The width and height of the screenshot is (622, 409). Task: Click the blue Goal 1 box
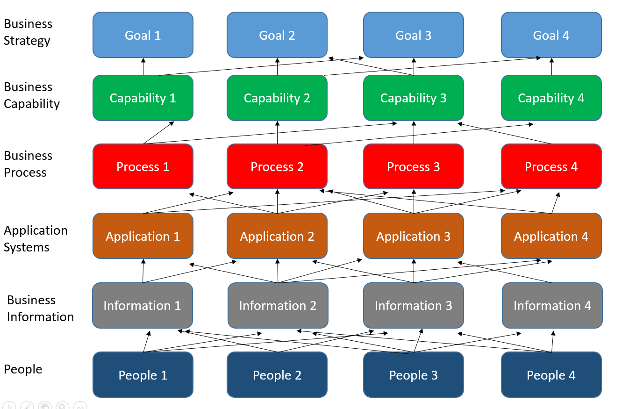pos(143,35)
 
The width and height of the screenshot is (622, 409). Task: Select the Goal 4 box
pos(551,35)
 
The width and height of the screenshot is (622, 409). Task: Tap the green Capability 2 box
pos(277,98)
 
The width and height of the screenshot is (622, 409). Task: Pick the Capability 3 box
pos(413,98)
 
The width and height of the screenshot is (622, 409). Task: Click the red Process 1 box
pos(143,167)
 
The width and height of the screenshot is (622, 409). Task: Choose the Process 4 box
pos(551,167)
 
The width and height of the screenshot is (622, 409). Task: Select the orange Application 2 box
pos(277,236)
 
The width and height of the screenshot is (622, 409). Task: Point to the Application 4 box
pos(551,236)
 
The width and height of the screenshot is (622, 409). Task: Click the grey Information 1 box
pos(142,305)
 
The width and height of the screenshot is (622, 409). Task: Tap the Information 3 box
pos(413,305)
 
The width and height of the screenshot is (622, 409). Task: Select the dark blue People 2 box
pos(277,375)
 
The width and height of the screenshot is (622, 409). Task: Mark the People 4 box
pos(551,375)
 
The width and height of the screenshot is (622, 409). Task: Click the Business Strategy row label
pos(28,32)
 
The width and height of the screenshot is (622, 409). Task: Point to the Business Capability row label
pos(32,95)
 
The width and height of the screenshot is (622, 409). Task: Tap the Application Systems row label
pos(36,239)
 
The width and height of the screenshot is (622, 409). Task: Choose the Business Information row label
pos(40,309)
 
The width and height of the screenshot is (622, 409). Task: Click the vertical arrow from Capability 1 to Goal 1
pos(143,67)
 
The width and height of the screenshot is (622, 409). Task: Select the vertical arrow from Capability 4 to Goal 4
pos(552,67)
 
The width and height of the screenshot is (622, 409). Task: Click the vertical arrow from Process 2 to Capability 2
pos(278,133)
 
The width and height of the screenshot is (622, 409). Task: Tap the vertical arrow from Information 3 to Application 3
pos(414,271)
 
